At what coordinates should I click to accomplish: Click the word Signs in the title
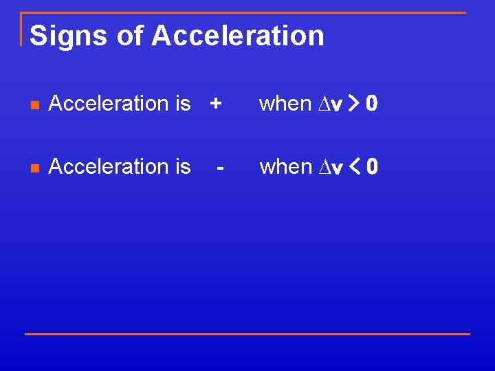pos(68,36)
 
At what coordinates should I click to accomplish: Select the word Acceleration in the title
pos(238,36)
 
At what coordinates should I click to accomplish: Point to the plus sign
pos(216,104)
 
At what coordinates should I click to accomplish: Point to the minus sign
pos(220,167)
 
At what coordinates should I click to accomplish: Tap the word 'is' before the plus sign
pos(183,104)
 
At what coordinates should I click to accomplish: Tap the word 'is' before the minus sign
pos(183,167)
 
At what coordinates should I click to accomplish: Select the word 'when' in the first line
pos(285,104)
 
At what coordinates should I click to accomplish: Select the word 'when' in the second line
pos(285,167)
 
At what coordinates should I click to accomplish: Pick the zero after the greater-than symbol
pos(371,104)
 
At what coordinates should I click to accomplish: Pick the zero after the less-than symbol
pos(371,168)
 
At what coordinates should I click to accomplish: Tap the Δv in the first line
pos(329,104)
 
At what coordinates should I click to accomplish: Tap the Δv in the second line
pos(329,168)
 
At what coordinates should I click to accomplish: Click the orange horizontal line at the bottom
pos(247,334)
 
